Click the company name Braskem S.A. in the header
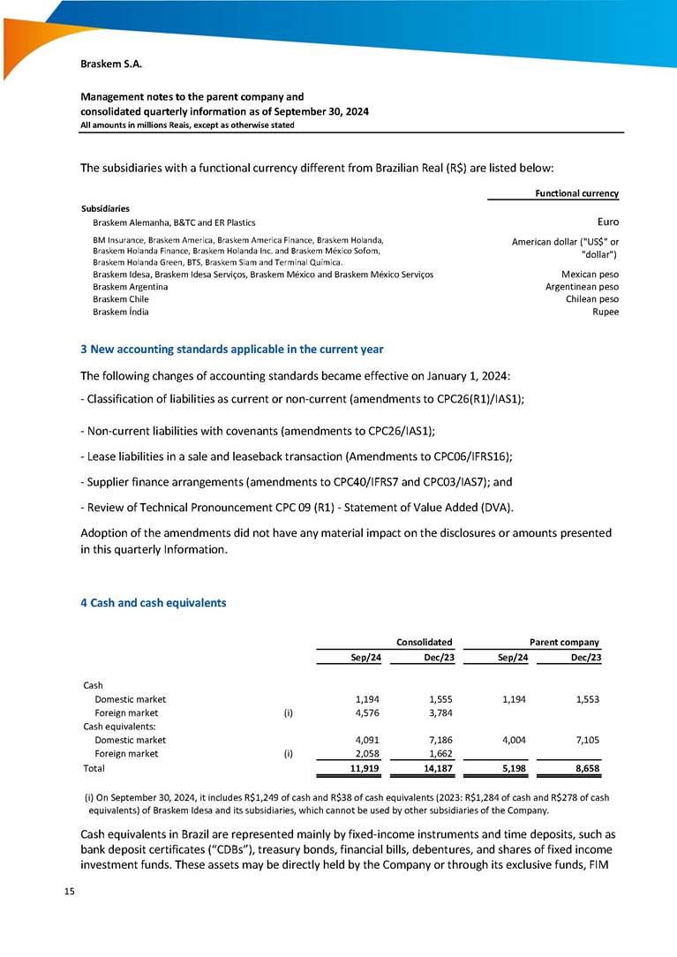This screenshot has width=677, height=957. click(111, 64)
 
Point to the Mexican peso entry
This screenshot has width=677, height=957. click(590, 275)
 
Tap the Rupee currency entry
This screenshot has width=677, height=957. click(606, 312)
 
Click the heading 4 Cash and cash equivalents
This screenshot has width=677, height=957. click(154, 603)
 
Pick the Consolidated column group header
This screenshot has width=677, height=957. click(424, 642)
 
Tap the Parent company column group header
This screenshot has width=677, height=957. click(564, 642)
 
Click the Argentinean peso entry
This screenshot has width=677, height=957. click(582, 287)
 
